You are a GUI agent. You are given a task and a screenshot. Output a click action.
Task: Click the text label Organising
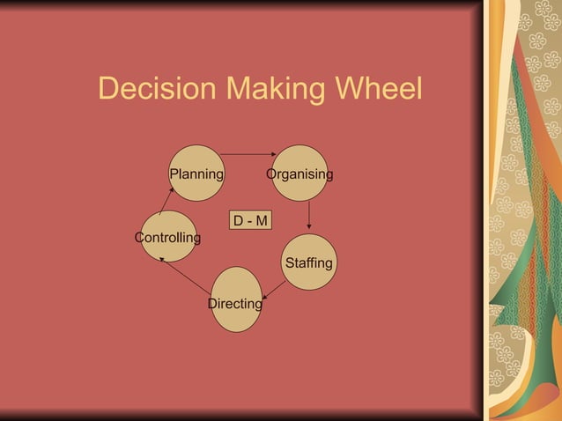click(300, 174)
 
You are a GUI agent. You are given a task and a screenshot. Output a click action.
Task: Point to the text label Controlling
click(167, 238)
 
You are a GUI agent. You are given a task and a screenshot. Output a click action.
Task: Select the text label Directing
click(234, 304)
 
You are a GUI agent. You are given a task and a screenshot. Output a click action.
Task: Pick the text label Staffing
click(309, 263)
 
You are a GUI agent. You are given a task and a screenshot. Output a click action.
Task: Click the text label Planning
click(196, 174)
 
